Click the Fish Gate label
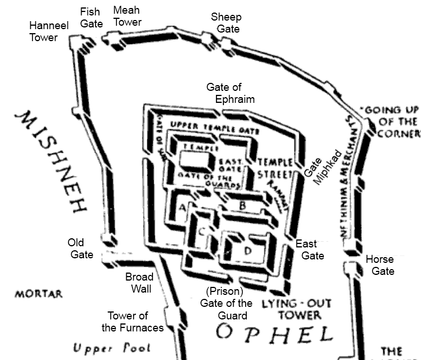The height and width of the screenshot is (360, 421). pyautogui.click(x=91, y=17)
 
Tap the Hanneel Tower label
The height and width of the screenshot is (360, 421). pyautogui.click(x=44, y=32)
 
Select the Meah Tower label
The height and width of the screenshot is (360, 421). pyautogui.click(x=127, y=16)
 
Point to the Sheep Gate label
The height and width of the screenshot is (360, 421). pyautogui.click(x=225, y=23)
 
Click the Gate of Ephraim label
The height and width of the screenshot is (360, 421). pyautogui.click(x=227, y=93)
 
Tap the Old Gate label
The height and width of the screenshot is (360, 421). pyautogui.click(x=82, y=248)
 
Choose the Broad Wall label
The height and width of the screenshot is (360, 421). pyautogui.click(x=139, y=283)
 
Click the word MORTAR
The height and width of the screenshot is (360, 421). pyautogui.click(x=38, y=294)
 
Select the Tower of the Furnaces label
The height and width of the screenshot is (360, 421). pyautogui.click(x=133, y=322)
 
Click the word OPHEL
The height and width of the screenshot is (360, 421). pyautogui.click(x=274, y=333)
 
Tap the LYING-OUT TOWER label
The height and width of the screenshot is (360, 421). pyautogui.click(x=296, y=309)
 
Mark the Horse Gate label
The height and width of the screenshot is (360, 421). pyautogui.click(x=382, y=265)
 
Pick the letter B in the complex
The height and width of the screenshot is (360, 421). pyautogui.click(x=242, y=205)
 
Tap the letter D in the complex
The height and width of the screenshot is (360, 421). pyautogui.click(x=247, y=250)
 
